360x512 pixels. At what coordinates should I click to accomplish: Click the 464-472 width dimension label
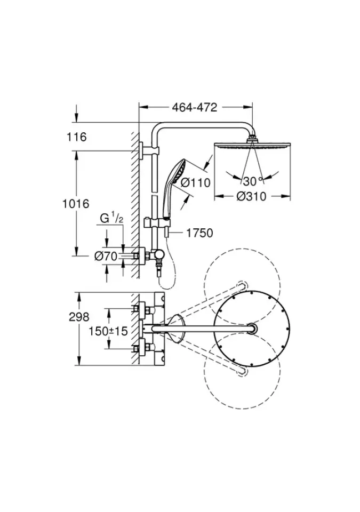click(x=195, y=107)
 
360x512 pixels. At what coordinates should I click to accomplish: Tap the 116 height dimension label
click(x=77, y=138)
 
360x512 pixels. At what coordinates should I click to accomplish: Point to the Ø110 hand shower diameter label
click(x=196, y=182)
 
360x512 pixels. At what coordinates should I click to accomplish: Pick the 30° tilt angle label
click(x=253, y=179)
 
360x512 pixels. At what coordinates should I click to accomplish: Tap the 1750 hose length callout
click(x=199, y=233)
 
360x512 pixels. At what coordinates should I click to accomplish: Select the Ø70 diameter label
click(x=105, y=257)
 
